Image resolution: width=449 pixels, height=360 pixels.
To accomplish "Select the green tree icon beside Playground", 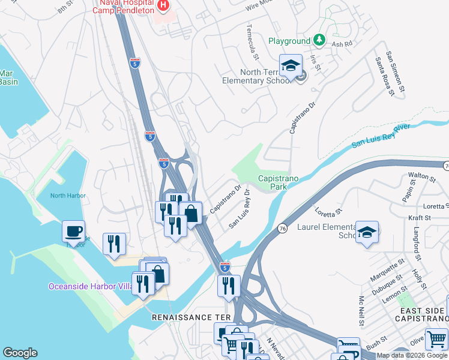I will [321, 41].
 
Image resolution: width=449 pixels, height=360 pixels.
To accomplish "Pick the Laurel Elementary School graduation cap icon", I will [366, 232].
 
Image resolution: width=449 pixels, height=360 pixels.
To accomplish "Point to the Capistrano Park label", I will [273, 182].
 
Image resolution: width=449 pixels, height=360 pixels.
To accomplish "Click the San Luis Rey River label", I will [381, 136].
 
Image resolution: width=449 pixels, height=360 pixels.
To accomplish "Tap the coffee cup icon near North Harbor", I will [73, 231].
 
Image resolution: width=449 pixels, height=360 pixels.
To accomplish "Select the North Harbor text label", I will [68, 196].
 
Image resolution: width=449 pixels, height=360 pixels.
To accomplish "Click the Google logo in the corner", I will [20, 353].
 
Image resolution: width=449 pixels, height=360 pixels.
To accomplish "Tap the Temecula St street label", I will [252, 42].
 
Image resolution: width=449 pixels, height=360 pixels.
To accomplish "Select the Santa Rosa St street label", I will [384, 76].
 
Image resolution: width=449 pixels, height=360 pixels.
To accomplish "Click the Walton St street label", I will [421, 176].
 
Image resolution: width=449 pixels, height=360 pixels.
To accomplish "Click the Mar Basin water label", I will [7, 77].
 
